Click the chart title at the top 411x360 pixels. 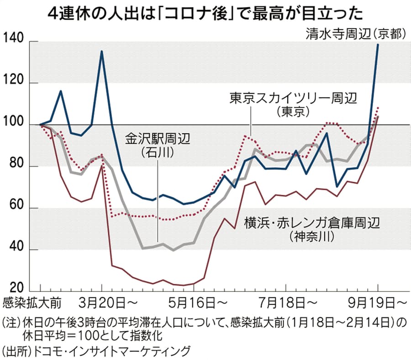pos(205,12)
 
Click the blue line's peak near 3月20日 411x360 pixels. pos(101,51)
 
